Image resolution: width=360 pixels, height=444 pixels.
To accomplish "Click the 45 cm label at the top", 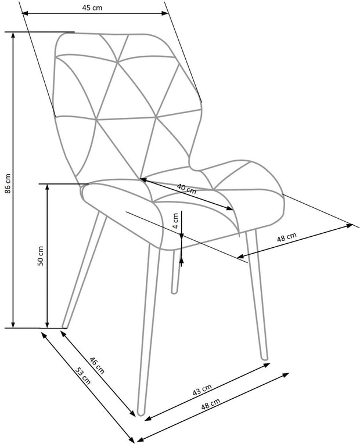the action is pos(92,8).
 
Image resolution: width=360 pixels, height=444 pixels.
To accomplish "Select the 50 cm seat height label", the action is pos(41,256).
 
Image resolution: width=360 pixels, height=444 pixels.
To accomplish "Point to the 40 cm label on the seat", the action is pos(186,189).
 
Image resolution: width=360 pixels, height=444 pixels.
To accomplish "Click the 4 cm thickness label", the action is pos(175,221).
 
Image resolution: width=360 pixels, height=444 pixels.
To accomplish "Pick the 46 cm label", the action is pos(97,365).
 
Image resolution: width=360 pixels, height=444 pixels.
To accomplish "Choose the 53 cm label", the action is pos(83,376).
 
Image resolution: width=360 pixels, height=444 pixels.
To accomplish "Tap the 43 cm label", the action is pos(202,390).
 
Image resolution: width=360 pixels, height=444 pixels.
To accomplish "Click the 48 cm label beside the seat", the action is pos(287,237).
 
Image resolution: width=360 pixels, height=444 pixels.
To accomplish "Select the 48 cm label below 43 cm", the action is pos(211,404).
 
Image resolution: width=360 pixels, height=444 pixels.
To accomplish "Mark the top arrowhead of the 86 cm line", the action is pos(13,35).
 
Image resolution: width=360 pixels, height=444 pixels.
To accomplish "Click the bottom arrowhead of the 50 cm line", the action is pos(47,324).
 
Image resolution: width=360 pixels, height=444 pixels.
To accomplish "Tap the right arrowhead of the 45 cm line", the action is pos(165,13).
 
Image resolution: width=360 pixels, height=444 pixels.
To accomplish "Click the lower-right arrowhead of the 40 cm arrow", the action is pos(229,208).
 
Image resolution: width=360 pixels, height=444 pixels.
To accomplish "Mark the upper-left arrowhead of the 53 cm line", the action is pos(44,335).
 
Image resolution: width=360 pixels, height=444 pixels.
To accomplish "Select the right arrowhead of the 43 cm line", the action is pos(267,364).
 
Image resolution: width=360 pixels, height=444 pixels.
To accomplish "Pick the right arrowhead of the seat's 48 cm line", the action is pos(349,226).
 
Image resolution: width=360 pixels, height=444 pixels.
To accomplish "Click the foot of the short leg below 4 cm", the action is pos(175,291).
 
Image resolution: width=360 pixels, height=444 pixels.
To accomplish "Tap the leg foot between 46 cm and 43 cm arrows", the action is pos(141,413).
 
